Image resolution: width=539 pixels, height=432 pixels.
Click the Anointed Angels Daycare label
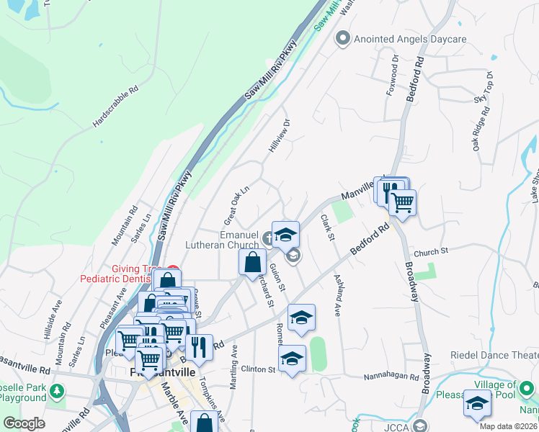(410, 38)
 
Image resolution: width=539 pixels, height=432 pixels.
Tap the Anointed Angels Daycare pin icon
(344, 38)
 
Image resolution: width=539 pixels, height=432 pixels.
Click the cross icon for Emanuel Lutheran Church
(268, 238)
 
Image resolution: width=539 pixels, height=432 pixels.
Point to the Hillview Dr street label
(279, 135)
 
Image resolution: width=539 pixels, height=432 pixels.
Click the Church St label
(431, 251)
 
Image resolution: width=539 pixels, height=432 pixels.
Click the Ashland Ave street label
(337, 295)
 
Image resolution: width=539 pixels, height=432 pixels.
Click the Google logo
(24, 423)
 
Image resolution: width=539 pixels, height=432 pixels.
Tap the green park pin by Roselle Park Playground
(57, 392)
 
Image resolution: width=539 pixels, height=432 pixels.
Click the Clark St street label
(328, 227)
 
